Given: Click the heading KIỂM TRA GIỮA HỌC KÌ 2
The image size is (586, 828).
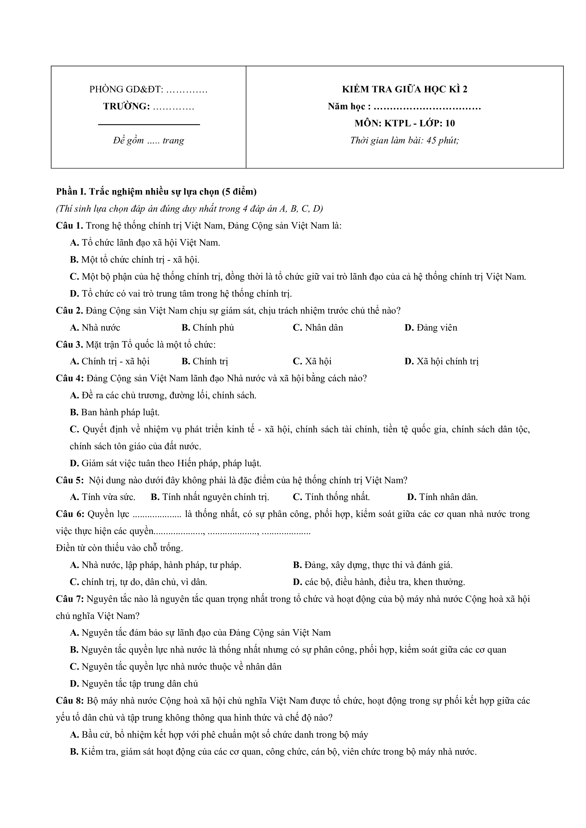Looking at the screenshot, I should (x=404, y=89).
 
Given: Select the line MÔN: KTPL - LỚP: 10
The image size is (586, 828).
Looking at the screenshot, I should (x=404, y=123).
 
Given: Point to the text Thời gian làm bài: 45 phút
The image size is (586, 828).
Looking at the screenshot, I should (x=404, y=140).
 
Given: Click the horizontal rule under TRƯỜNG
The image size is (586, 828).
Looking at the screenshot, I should (x=149, y=124).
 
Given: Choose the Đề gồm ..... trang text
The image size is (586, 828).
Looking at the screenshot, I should (x=148, y=140).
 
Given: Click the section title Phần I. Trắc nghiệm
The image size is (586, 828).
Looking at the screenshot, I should (x=156, y=191).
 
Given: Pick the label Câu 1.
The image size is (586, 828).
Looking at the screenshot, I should (x=69, y=226).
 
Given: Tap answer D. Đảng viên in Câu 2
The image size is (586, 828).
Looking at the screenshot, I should (x=431, y=327).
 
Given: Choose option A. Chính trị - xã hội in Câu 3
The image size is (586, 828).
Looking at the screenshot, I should (x=110, y=361).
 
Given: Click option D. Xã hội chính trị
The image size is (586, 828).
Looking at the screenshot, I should (x=442, y=361).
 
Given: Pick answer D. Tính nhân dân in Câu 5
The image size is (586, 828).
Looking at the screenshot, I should (x=442, y=497).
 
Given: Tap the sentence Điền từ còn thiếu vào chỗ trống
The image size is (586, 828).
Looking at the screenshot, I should (x=119, y=548).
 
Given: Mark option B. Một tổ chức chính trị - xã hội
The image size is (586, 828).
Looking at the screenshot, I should (x=135, y=260).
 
